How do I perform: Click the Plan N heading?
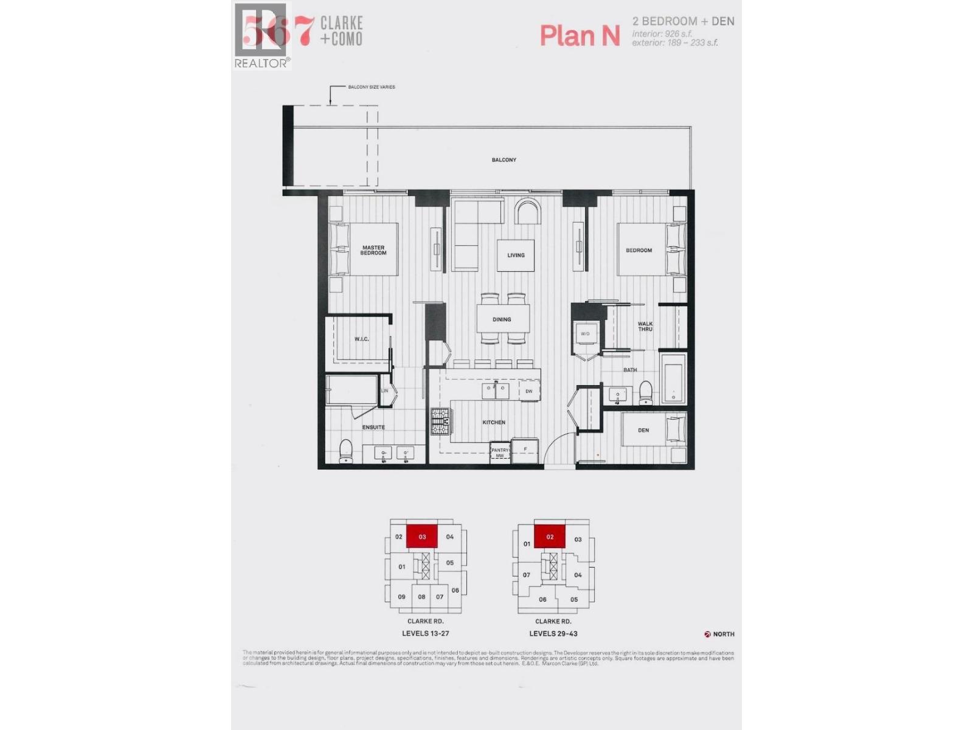pyautogui.click(x=580, y=35)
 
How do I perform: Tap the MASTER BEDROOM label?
pyautogui.click(x=373, y=250)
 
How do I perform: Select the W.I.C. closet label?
pyautogui.click(x=361, y=339)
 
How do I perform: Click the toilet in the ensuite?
pyautogui.click(x=346, y=451)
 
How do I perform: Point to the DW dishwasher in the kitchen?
pyautogui.click(x=528, y=391)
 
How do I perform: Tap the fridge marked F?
pyautogui.click(x=525, y=450)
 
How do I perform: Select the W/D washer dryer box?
pyautogui.click(x=585, y=334)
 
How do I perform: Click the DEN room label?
pyautogui.click(x=643, y=430)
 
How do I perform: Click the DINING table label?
pyautogui.click(x=502, y=319)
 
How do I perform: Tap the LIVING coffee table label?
pyautogui.click(x=516, y=255)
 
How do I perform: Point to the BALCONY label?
pyautogui.click(x=504, y=160)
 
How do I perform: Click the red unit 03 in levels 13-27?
pyautogui.click(x=422, y=537)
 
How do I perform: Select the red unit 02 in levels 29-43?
pyautogui.click(x=550, y=537)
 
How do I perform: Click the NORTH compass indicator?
pyautogui.click(x=719, y=634)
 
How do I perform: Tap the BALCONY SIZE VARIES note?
pyautogui.click(x=371, y=87)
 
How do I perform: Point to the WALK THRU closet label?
pyautogui.click(x=645, y=327)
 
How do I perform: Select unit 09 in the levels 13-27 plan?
pyautogui.click(x=401, y=597)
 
